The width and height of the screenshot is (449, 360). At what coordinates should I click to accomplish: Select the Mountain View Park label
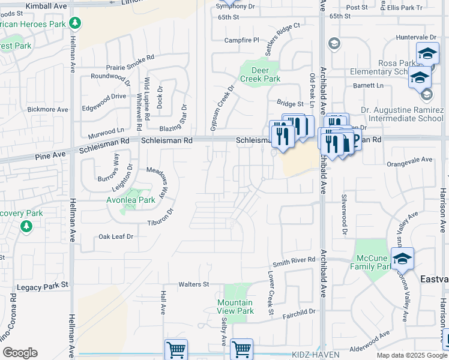click(x=235, y=307)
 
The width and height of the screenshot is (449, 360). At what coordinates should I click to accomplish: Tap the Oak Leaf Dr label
click(x=116, y=237)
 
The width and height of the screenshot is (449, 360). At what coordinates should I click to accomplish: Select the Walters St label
click(x=193, y=284)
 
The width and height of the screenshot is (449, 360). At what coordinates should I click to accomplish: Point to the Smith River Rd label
click(x=294, y=260)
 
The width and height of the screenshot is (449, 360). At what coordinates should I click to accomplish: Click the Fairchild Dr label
click(x=299, y=311)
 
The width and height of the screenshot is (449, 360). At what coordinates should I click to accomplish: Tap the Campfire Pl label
click(x=241, y=40)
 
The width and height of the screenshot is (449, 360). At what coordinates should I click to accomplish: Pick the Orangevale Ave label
click(x=410, y=160)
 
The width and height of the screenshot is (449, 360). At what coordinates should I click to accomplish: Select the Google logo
click(x=20, y=353)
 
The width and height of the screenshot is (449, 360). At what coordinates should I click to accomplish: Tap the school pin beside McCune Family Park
click(x=403, y=259)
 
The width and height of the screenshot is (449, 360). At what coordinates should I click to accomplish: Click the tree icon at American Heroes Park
click(x=75, y=23)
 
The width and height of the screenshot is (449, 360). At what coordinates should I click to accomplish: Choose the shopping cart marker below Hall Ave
click(x=176, y=349)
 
